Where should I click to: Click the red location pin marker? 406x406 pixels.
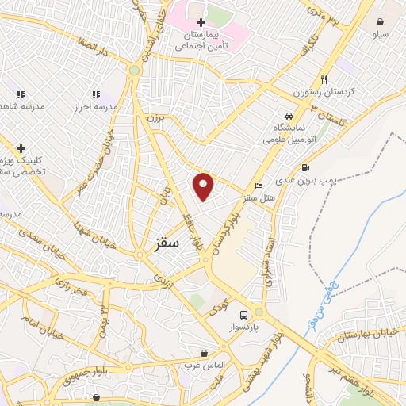click(x=204, y=186)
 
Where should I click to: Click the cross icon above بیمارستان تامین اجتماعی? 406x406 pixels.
click(x=201, y=23)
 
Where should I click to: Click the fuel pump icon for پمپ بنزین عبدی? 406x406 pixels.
click(x=305, y=167)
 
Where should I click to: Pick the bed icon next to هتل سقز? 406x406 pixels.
click(x=259, y=185)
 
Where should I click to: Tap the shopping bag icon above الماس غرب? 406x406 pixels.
click(x=205, y=352)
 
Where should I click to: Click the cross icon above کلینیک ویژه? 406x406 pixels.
click(x=21, y=147)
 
